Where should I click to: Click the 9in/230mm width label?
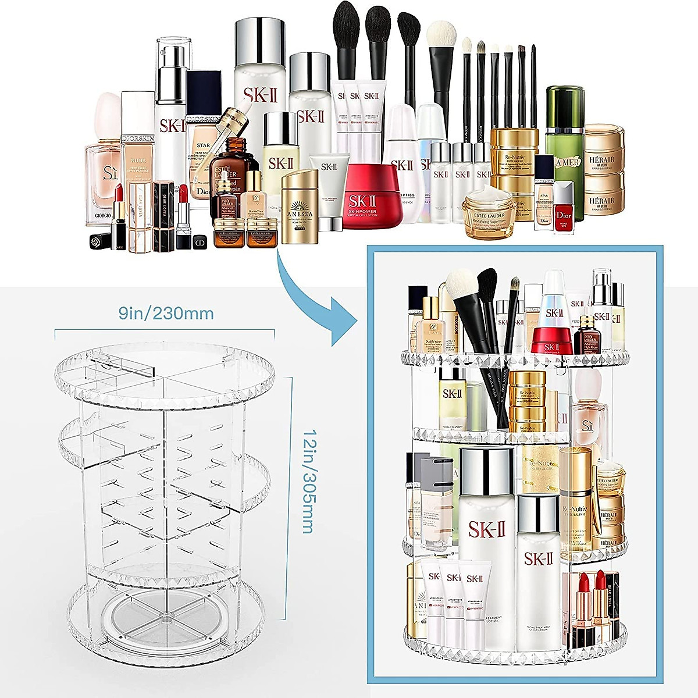tap(166, 314)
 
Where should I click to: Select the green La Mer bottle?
tap(564, 151)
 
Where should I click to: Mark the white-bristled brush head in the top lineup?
tap(442, 38)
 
